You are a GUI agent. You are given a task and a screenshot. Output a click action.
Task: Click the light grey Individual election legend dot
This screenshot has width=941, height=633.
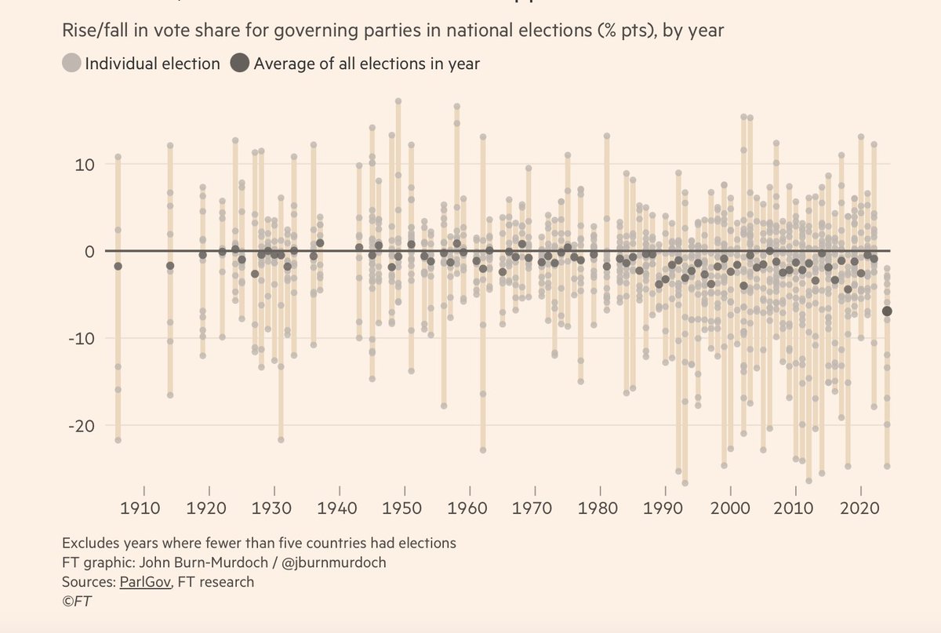pos(71,64)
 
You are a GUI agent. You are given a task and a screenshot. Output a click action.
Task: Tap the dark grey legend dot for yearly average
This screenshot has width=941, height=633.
pos(241,64)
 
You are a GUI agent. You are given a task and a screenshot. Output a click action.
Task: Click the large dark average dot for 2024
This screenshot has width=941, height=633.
pos(887,311)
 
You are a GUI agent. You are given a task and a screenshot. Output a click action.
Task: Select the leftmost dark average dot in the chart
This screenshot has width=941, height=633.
pos(118,267)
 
